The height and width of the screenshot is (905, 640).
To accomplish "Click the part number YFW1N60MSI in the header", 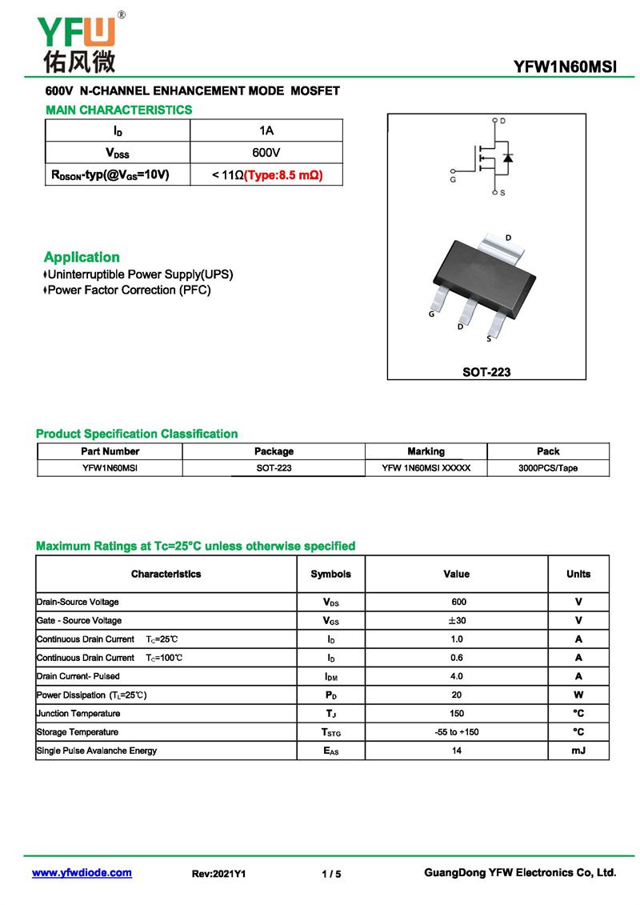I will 565,67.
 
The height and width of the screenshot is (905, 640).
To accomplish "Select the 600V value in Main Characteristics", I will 266,152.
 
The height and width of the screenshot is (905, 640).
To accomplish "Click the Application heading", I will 82,257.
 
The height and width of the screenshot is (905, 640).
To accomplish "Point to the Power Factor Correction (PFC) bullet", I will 128,290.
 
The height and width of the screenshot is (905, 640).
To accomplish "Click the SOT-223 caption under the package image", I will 486,371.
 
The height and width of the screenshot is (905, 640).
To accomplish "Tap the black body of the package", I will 481,273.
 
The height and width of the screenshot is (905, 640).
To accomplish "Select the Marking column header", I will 426,451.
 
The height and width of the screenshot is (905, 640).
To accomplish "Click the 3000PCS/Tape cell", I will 548,468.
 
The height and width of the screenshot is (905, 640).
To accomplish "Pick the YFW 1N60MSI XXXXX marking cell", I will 426,468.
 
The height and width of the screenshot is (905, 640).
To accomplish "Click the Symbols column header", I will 330,574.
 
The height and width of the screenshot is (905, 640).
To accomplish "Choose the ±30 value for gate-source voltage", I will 456,621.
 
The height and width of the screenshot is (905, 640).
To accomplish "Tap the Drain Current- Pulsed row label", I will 78,676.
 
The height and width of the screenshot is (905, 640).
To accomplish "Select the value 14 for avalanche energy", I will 456,751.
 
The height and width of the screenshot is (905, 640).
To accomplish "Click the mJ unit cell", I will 578,751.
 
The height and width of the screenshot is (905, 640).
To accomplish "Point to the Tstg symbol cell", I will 330,732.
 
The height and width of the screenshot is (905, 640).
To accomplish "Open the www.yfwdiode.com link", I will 82,873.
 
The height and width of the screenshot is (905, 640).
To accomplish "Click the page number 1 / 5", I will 331,874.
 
